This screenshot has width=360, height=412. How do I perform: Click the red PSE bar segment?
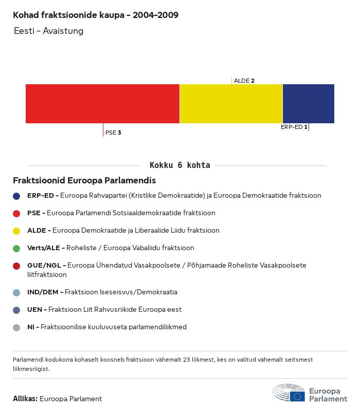click(x=102, y=103)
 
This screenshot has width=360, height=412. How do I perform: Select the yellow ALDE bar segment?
click(x=231, y=103)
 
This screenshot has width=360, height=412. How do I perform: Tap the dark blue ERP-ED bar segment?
click(x=308, y=103)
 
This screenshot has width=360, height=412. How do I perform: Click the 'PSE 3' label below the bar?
click(x=113, y=133)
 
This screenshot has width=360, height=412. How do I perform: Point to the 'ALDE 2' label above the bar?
click(x=244, y=81)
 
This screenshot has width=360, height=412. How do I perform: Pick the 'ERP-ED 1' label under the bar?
click(x=294, y=127)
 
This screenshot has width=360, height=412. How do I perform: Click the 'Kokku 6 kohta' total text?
click(x=179, y=165)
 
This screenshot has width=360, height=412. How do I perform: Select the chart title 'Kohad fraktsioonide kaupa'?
click(x=96, y=15)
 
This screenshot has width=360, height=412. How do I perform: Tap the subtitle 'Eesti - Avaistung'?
click(x=48, y=31)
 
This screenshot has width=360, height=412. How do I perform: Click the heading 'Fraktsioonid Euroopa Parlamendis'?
click(x=84, y=181)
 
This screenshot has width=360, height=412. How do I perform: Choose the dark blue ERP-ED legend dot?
click(x=16, y=196)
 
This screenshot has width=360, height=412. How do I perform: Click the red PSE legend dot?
click(x=16, y=213)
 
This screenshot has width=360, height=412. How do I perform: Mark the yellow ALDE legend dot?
click(x=16, y=231)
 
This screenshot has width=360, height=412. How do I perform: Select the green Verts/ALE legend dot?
click(x=16, y=248)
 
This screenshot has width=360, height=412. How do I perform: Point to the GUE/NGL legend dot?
click(x=16, y=266)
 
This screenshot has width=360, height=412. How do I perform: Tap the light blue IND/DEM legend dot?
click(x=16, y=292)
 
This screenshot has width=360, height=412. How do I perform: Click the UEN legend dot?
click(x=16, y=310)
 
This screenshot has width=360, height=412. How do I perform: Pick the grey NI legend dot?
click(x=16, y=327)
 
